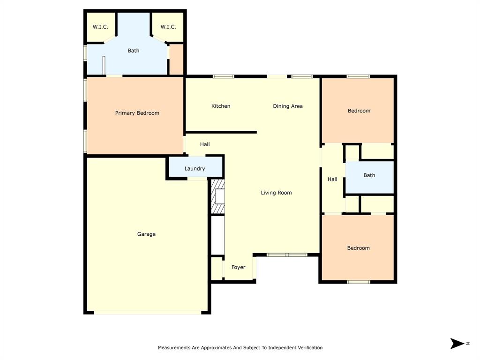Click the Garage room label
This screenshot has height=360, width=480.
pos(146,234)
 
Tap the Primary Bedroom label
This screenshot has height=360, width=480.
pos(137,113)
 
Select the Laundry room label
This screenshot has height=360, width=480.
pos(195,169)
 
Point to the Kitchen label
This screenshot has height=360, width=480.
pos(220,106)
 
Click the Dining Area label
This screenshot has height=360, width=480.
pos(287,106)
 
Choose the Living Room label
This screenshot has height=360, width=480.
pos(276,193)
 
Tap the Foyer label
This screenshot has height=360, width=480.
pos(238,267)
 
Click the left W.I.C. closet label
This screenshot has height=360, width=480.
pos(100,27)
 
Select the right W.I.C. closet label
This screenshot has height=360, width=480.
pos(168,27)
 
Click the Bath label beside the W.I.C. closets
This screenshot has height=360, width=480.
pos(134,51)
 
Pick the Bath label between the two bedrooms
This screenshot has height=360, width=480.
pos(369,175)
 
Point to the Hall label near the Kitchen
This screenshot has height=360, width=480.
pos(205,144)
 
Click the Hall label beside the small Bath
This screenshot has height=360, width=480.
pos(332,179)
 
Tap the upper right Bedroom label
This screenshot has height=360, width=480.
pos(359,111)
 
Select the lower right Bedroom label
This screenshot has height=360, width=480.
pos(358,248)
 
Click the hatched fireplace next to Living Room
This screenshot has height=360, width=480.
pos(217,196)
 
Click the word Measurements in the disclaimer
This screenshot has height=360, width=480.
pos(174,348)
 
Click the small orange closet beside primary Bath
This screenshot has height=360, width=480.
pos(176,60)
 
